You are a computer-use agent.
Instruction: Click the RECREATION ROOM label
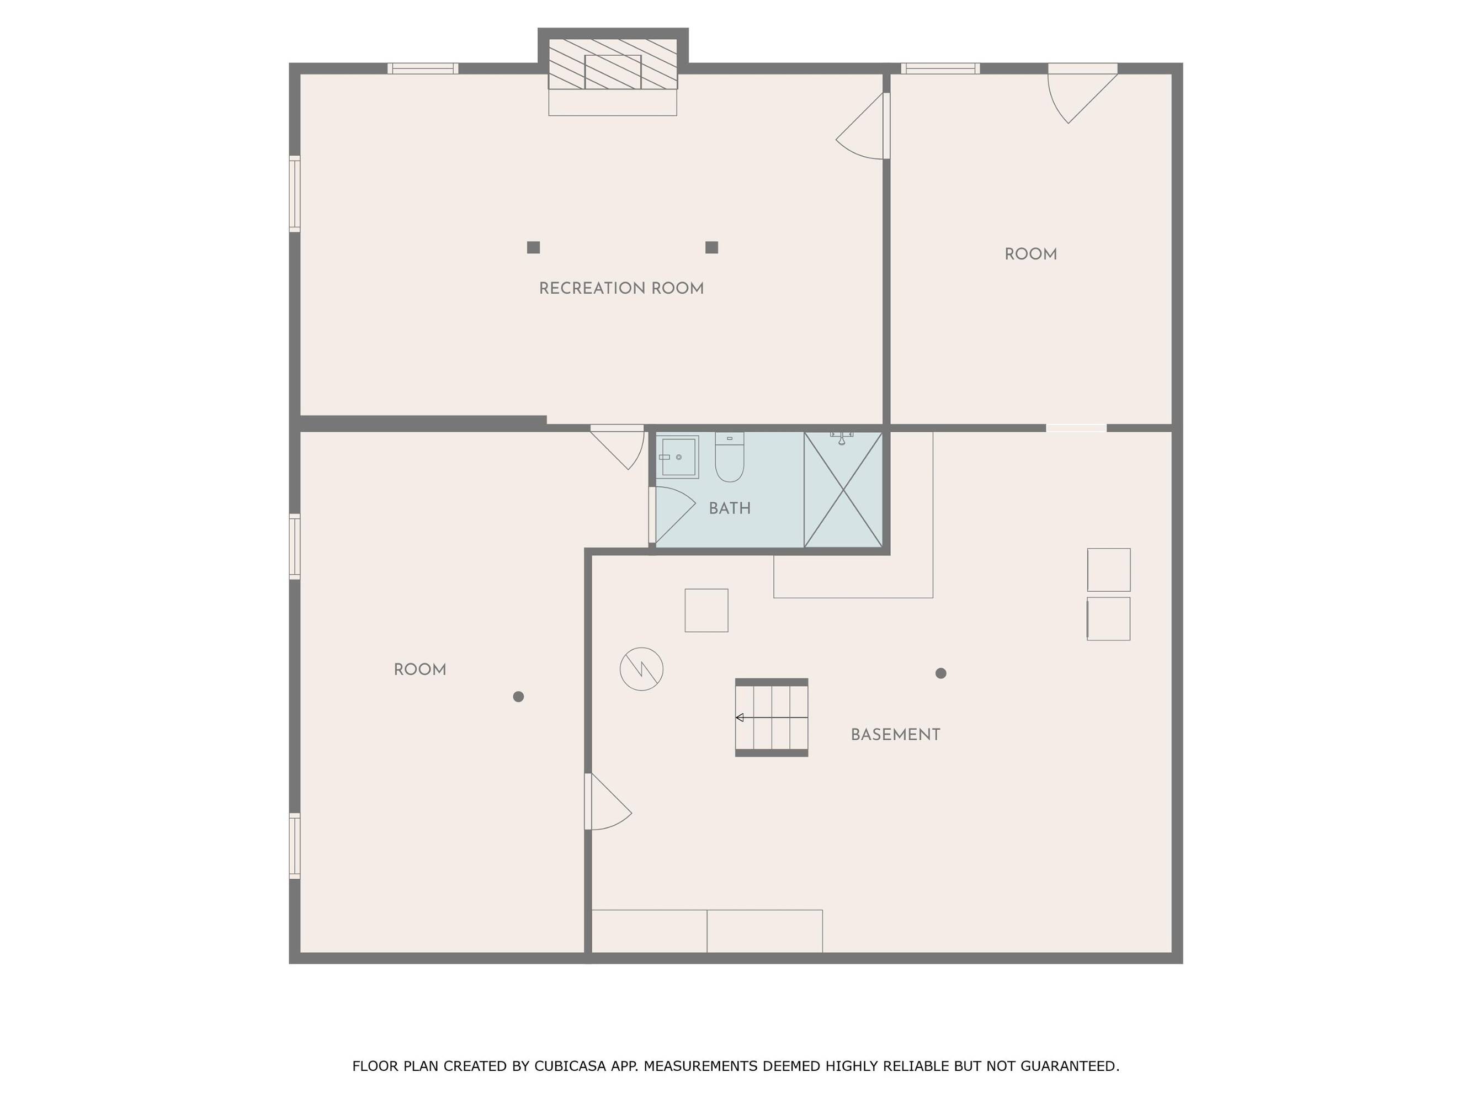(621, 289)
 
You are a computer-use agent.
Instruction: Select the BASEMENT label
(895, 735)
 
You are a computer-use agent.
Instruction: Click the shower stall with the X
(843, 490)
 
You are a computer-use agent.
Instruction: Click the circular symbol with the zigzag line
(641, 669)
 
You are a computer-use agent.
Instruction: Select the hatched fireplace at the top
(613, 64)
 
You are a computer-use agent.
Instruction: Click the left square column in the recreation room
(533, 247)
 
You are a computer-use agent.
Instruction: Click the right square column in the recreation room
(711, 247)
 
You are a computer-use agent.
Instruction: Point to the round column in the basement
(940, 673)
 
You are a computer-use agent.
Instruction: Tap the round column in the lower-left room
(518, 697)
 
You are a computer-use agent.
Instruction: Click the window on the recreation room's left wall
(294, 194)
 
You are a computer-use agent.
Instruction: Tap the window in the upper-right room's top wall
(940, 68)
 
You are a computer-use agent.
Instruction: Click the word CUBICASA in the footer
(570, 1066)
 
